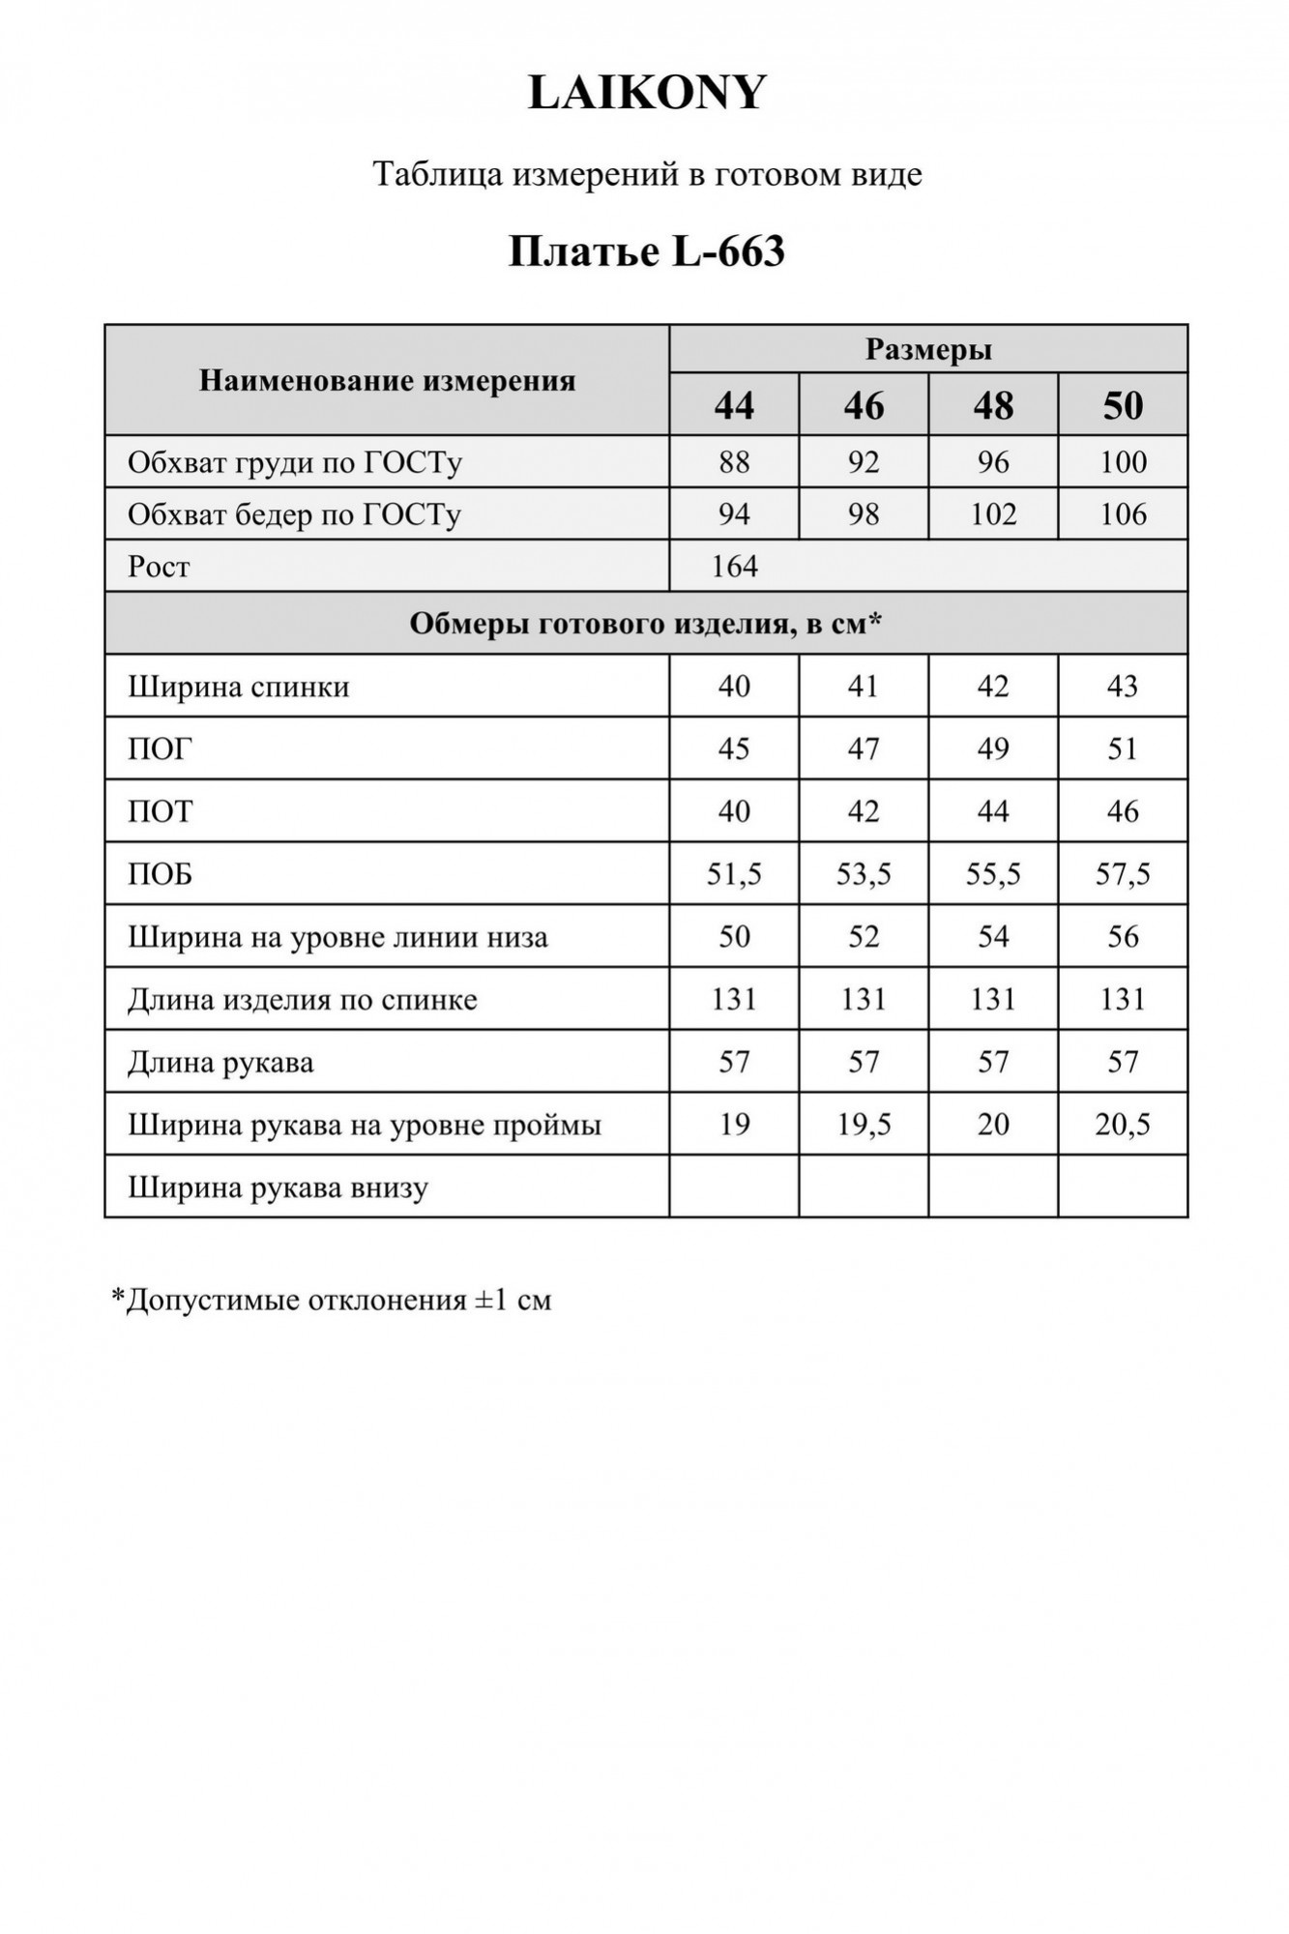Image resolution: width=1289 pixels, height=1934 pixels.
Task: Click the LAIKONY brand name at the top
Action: tap(646, 94)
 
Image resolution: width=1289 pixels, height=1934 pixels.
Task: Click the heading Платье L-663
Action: tap(646, 252)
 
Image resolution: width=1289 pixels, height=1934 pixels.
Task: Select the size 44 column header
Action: tap(734, 405)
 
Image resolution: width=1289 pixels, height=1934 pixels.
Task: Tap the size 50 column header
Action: tap(1123, 405)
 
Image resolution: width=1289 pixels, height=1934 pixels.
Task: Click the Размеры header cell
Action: tap(928, 349)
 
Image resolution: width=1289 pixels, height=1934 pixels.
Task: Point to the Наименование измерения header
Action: tap(387, 380)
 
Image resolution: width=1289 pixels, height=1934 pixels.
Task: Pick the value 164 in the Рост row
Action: tap(734, 566)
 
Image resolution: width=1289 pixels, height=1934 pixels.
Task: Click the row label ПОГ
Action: tap(161, 748)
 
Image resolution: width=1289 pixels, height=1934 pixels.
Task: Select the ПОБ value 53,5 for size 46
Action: tap(864, 874)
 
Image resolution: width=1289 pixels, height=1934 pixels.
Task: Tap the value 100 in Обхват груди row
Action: tap(1123, 462)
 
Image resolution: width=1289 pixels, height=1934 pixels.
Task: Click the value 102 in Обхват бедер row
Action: tap(993, 513)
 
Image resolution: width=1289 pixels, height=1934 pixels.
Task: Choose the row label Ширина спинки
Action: tap(238, 687)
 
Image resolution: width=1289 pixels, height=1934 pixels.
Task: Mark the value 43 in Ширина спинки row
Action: tap(1123, 687)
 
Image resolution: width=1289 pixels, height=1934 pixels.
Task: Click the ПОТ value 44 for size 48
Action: tap(993, 811)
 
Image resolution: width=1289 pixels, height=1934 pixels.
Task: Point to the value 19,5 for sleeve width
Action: tap(864, 1125)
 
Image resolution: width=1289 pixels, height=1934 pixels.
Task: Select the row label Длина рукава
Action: tap(220, 1063)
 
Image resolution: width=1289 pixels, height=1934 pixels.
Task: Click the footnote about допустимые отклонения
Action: tap(332, 1300)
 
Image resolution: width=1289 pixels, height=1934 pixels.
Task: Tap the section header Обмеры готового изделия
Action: tap(646, 624)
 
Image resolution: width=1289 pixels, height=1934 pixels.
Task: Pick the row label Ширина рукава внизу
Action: tap(278, 1187)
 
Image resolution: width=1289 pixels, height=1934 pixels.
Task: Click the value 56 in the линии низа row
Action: tap(1123, 936)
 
